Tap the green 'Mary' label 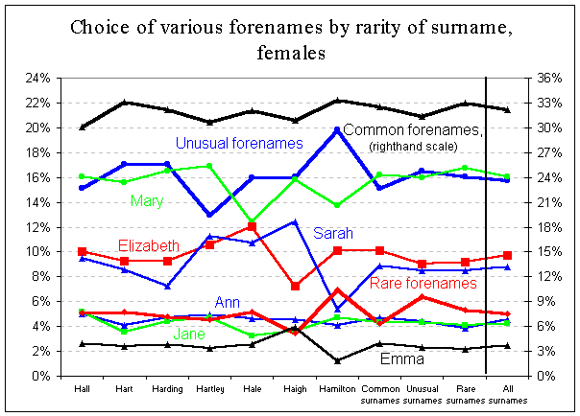tap(145, 201)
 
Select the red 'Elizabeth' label tap(148, 245)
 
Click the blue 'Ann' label tap(227, 304)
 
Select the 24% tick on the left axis tap(41, 78)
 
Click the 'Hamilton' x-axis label tap(336, 389)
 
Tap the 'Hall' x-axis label tap(83, 389)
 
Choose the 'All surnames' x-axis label tap(507, 394)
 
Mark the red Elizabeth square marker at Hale tap(253, 226)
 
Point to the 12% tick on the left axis tap(41, 227)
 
